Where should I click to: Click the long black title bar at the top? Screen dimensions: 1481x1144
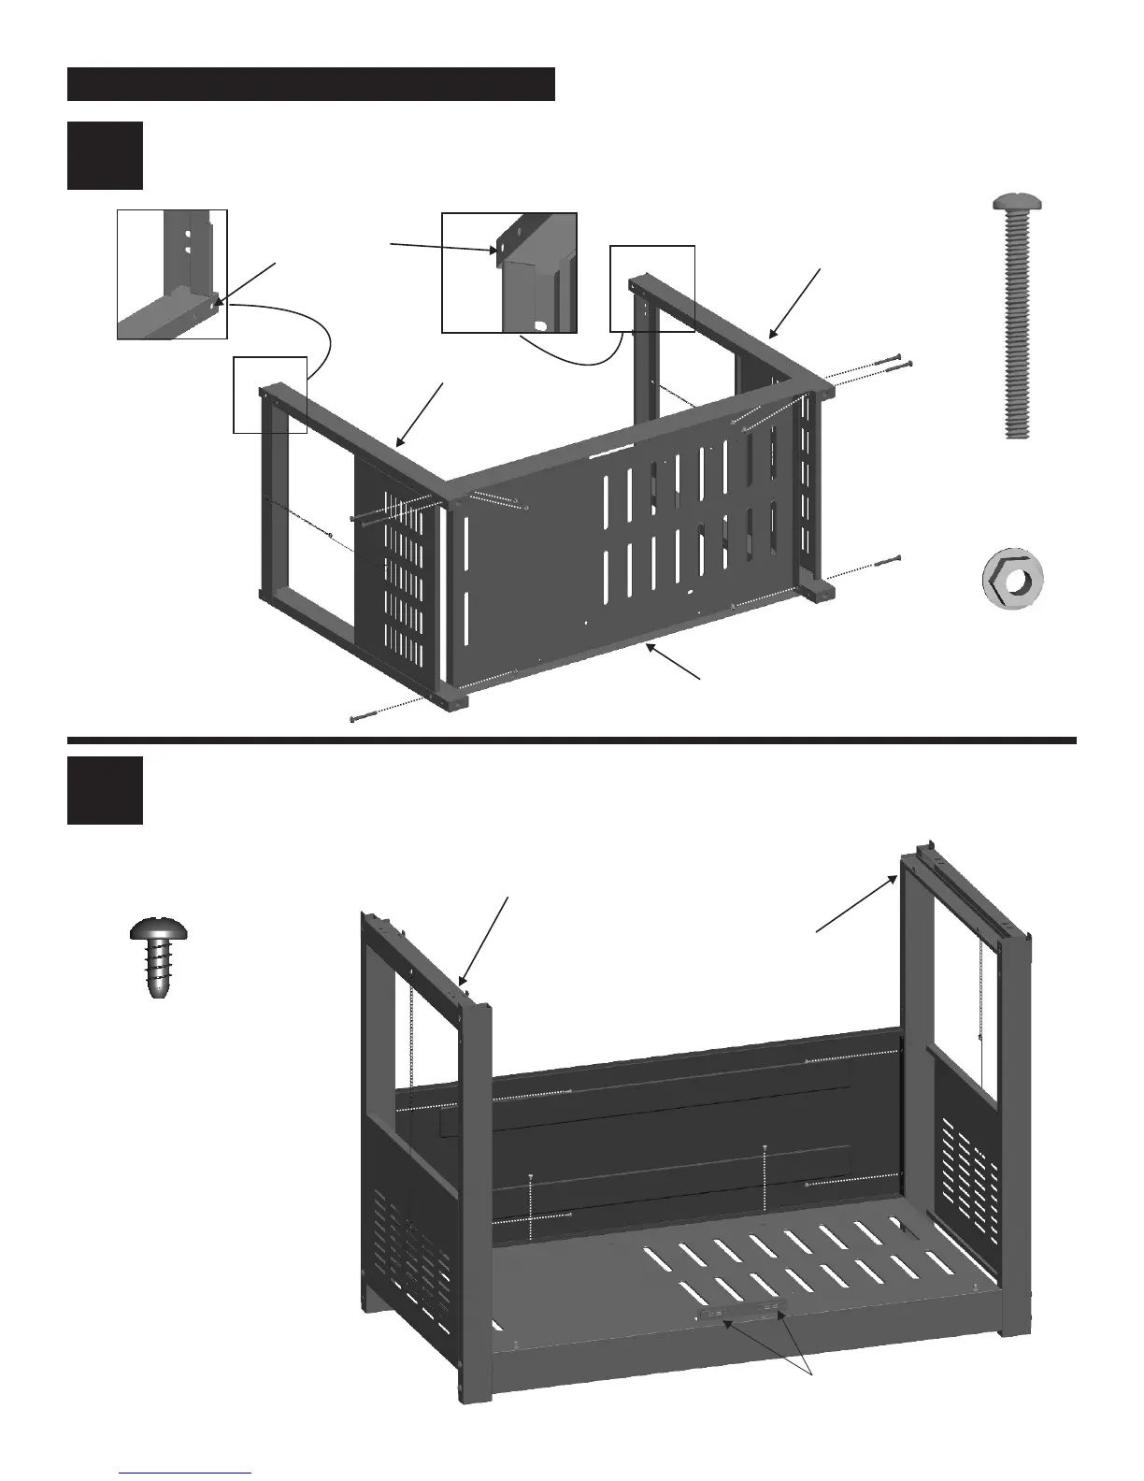[311, 83]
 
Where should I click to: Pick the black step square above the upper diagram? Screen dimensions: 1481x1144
[105, 155]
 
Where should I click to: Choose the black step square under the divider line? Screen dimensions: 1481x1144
[105, 790]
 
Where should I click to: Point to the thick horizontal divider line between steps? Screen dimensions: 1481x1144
[572, 740]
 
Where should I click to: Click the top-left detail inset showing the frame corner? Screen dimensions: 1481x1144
[172, 274]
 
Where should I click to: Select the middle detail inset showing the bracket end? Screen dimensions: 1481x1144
[508, 272]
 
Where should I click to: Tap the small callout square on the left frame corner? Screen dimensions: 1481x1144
[269, 395]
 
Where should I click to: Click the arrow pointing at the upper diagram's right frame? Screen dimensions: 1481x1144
[794, 303]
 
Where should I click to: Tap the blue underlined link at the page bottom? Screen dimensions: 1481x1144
[186, 1472]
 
